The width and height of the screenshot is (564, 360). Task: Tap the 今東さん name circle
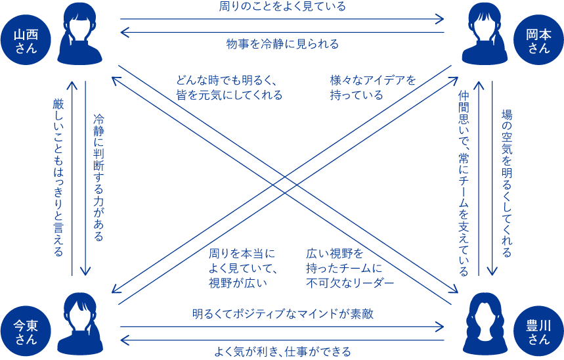click(x=26, y=330)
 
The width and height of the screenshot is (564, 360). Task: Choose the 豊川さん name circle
click(x=538, y=330)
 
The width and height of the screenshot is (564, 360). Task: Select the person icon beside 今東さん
click(x=80, y=324)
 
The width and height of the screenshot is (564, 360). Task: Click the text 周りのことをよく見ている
click(x=282, y=7)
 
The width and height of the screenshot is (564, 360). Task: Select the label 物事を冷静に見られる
click(x=282, y=44)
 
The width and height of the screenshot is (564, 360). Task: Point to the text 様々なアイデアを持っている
click(x=373, y=87)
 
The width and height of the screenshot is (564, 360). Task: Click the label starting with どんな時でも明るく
click(x=228, y=87)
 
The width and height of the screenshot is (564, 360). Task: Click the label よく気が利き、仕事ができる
click(x=282, y=351)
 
